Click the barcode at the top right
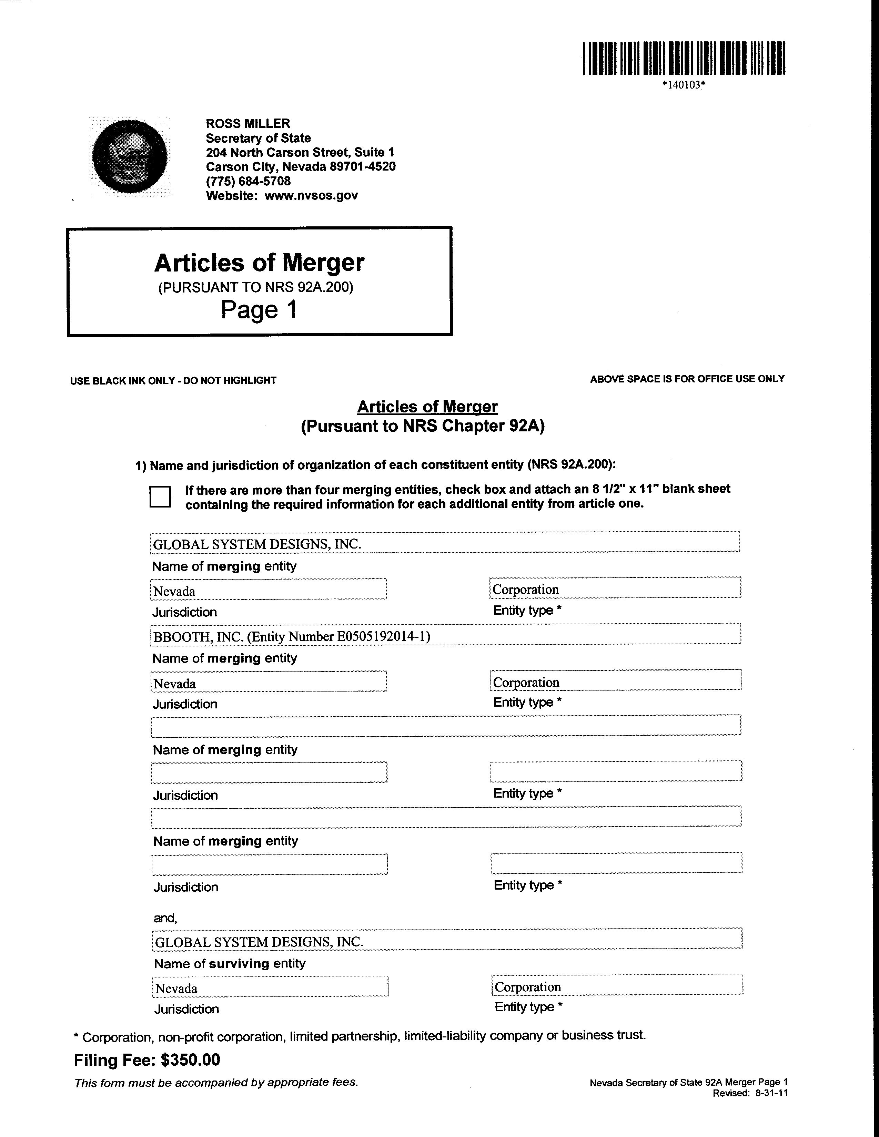684,58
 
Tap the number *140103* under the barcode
684,85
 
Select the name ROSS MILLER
248,123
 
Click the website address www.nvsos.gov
311,196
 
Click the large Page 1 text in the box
259,310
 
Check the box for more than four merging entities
160,496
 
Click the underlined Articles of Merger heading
427,407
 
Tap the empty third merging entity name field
445,726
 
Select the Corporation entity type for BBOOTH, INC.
526,682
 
